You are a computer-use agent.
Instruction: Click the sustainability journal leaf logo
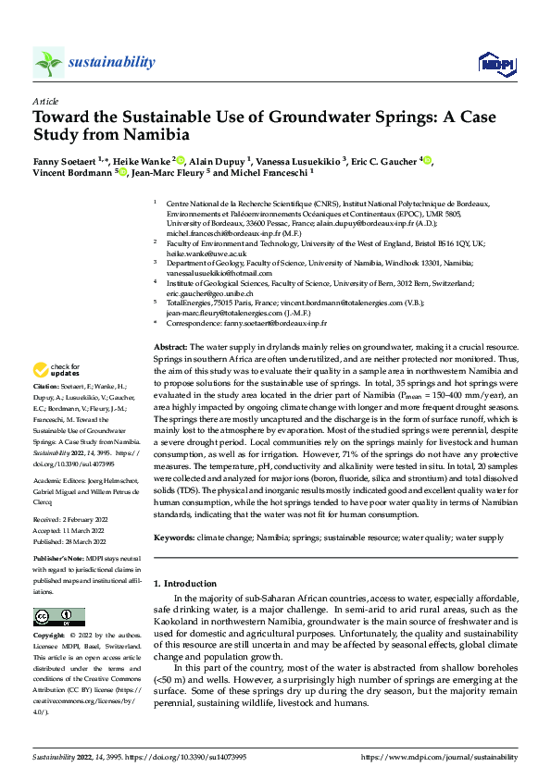48,63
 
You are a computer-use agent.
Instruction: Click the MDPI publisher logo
494,62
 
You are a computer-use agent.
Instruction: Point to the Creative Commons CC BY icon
58,617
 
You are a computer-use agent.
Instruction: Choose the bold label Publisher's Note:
57,562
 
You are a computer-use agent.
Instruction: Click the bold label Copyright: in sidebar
49,637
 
